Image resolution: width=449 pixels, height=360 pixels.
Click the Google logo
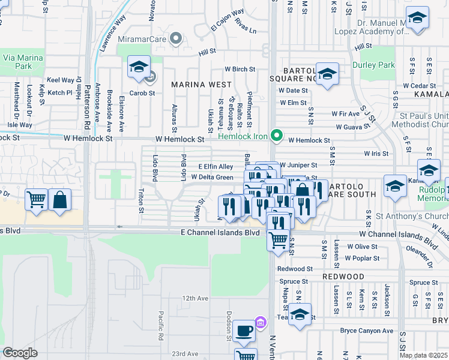click(20, 353)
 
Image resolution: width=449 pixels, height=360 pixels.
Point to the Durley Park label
click(382, 65)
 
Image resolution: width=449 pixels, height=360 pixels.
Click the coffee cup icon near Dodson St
click(244, 329)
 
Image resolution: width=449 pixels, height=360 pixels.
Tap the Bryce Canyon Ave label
click(366, 331)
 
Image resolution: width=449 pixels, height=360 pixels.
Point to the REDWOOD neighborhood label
click(343, 276)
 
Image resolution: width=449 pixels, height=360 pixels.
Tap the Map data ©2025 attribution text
click(423, 355)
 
